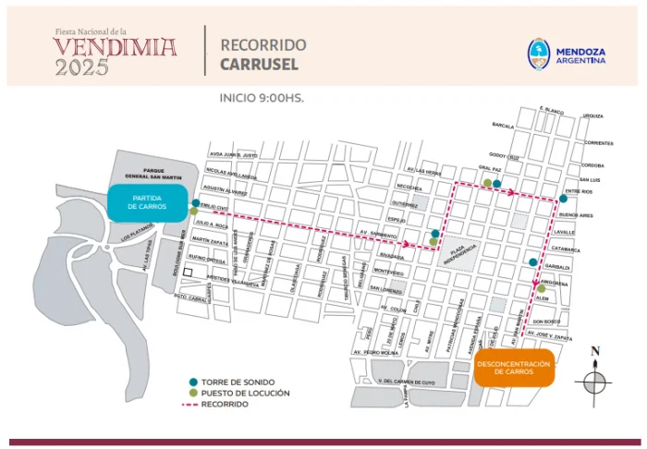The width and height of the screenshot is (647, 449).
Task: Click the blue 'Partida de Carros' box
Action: click(149, 203)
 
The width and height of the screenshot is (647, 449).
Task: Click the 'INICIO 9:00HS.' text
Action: click(262, 97)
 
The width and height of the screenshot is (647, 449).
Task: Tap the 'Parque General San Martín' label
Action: click(148, 175)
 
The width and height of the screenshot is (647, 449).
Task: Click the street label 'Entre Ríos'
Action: click(591, 191)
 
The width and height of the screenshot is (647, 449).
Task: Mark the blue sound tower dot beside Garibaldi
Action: click(533, 262)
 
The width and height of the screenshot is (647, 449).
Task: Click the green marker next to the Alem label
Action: click(541, 289)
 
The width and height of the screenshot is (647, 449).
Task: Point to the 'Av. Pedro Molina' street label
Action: click(381, 353)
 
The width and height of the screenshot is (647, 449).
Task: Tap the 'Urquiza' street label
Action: click(592, 116)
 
